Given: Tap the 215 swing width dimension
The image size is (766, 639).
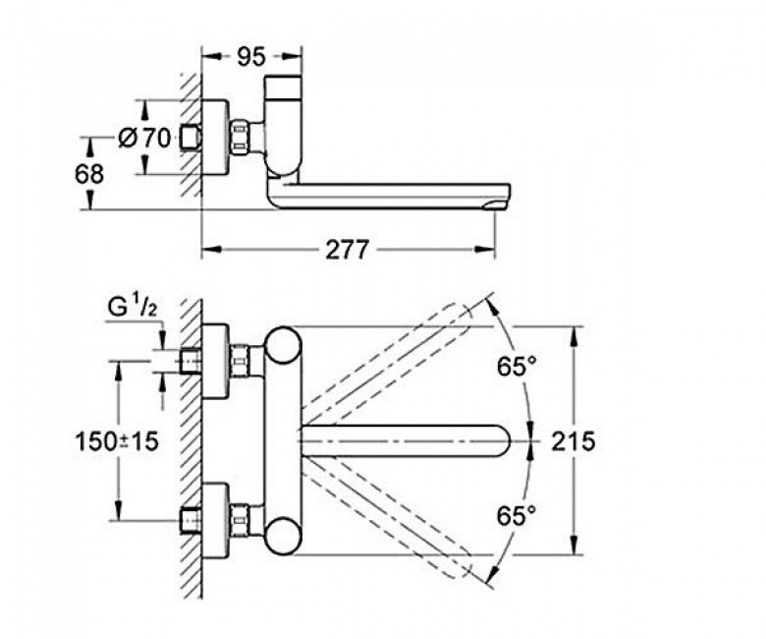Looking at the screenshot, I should (x=574, y=441).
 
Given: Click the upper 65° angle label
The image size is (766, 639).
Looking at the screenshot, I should (x=517, y=369).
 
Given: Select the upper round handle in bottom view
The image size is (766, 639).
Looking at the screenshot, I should (x=286, y=348).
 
